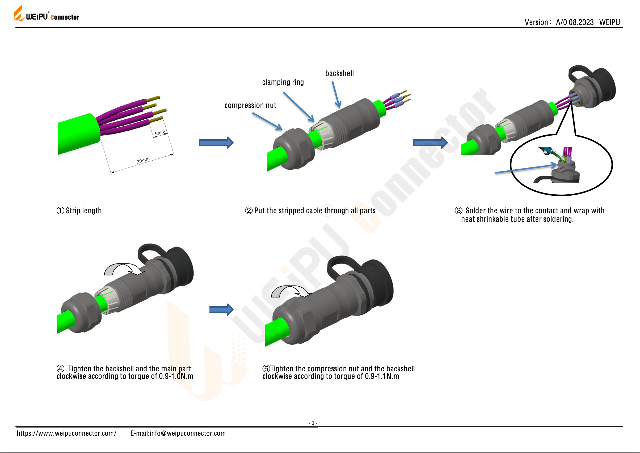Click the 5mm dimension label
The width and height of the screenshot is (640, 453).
point(160,132)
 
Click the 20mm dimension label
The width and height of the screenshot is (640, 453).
point(143,160)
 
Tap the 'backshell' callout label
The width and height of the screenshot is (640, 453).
point(339,73)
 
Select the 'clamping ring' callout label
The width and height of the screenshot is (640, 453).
point(283,82)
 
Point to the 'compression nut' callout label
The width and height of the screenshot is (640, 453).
point(250,106)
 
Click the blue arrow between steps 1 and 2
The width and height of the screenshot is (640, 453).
point(216,143)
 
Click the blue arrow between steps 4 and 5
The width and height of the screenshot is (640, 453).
point(221,310)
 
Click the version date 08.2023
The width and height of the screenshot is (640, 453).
point(581,22)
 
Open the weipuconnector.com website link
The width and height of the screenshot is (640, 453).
point(66,433)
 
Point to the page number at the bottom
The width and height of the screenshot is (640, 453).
point(313,423)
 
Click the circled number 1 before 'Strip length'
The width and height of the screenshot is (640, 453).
point(60,211)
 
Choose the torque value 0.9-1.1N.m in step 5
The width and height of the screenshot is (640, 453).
point(382,376)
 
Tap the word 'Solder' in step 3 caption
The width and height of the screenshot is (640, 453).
point(475,211)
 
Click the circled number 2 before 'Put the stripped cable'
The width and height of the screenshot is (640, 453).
point(249,211)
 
